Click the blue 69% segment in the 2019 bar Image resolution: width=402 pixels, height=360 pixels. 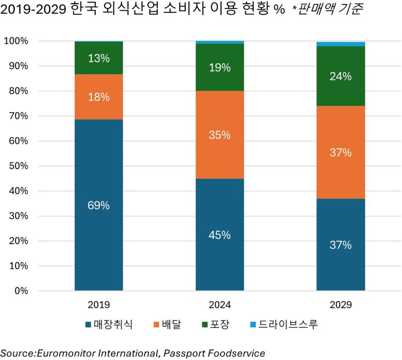coord(98,205)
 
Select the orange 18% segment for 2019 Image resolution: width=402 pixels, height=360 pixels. coord(98,97)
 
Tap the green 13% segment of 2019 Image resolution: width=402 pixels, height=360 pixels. coord(98,58)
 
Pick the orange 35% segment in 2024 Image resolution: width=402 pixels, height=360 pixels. coord(220,135)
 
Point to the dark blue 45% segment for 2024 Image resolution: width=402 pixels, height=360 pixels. coord(220,235)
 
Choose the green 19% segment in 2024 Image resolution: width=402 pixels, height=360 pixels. coord(220,67)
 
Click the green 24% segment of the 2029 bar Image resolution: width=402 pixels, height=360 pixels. coord(341,76)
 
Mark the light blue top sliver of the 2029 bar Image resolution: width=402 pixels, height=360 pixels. coord(341,44)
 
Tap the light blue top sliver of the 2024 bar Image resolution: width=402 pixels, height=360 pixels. coord(220,42)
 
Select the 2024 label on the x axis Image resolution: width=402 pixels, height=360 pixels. coord(220,305)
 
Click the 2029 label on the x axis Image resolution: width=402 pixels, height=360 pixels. coord(341,305)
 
